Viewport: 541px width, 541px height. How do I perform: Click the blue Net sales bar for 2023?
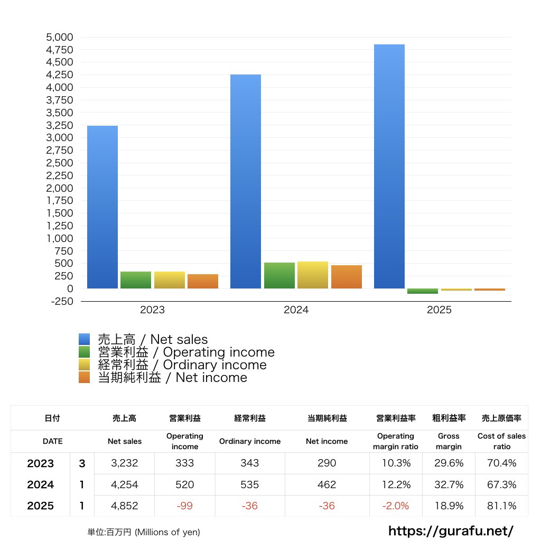click(x=102, y=207)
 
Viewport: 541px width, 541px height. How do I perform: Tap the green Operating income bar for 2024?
click(x=279, y=275)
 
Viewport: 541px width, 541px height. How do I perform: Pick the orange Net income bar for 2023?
click(x=203, y=281)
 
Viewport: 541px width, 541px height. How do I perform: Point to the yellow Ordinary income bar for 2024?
click(x=313, y=275)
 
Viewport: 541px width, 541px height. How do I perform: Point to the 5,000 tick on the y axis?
click(x=60, y=38)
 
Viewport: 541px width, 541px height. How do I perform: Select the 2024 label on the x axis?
click(x=296, y=310)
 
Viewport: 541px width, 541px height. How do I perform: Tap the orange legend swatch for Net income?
click(x=85, y=378)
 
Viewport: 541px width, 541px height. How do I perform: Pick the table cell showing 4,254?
click(x=125, y=484)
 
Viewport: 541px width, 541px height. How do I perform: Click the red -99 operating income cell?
click(x=185, y=506)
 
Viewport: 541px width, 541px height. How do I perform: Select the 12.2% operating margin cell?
click(x=396, y=484)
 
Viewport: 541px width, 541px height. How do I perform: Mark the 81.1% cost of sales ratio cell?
click(x=501, y=506)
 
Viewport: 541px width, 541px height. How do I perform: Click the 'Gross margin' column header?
click(x=449, y=441)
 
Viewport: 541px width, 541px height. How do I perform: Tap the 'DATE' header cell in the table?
click(x=52, y=441)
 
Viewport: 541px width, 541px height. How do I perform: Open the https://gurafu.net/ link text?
click(x=451, y=530)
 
